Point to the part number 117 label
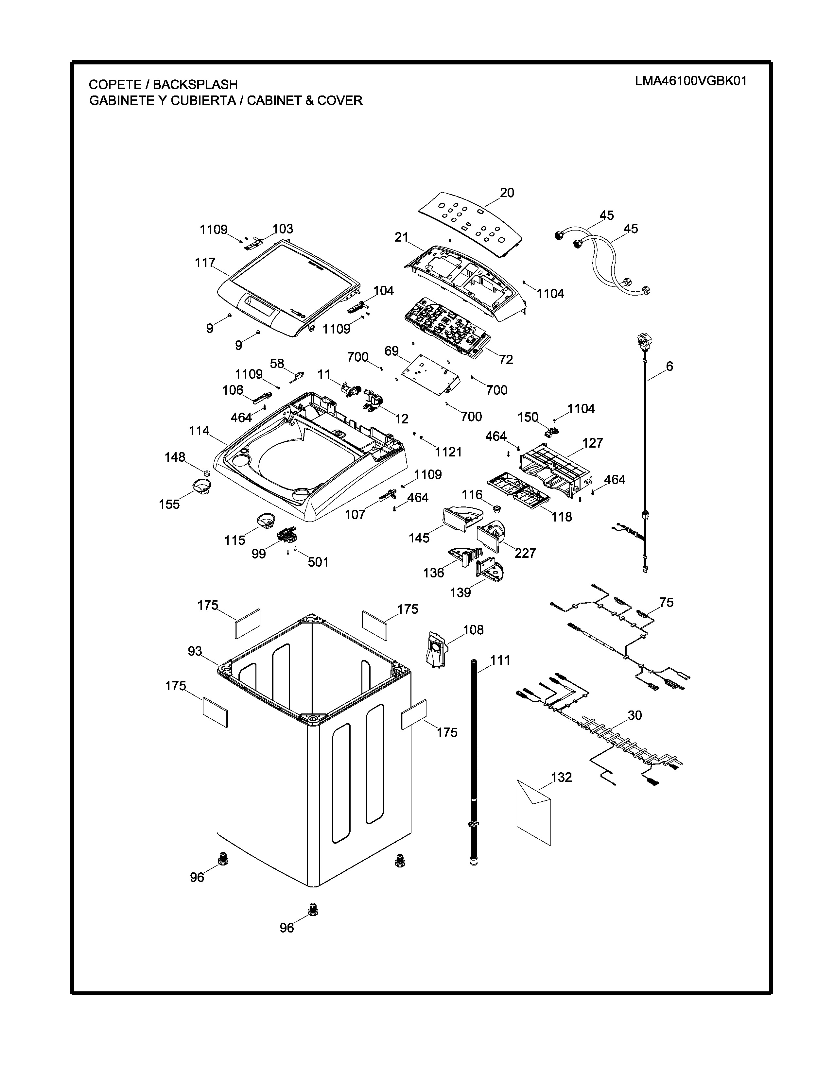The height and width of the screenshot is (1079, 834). click(x=205, y=263)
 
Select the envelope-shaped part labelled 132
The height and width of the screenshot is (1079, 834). click(x=534, y=812)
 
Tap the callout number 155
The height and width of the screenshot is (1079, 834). click(x=169, y=505)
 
